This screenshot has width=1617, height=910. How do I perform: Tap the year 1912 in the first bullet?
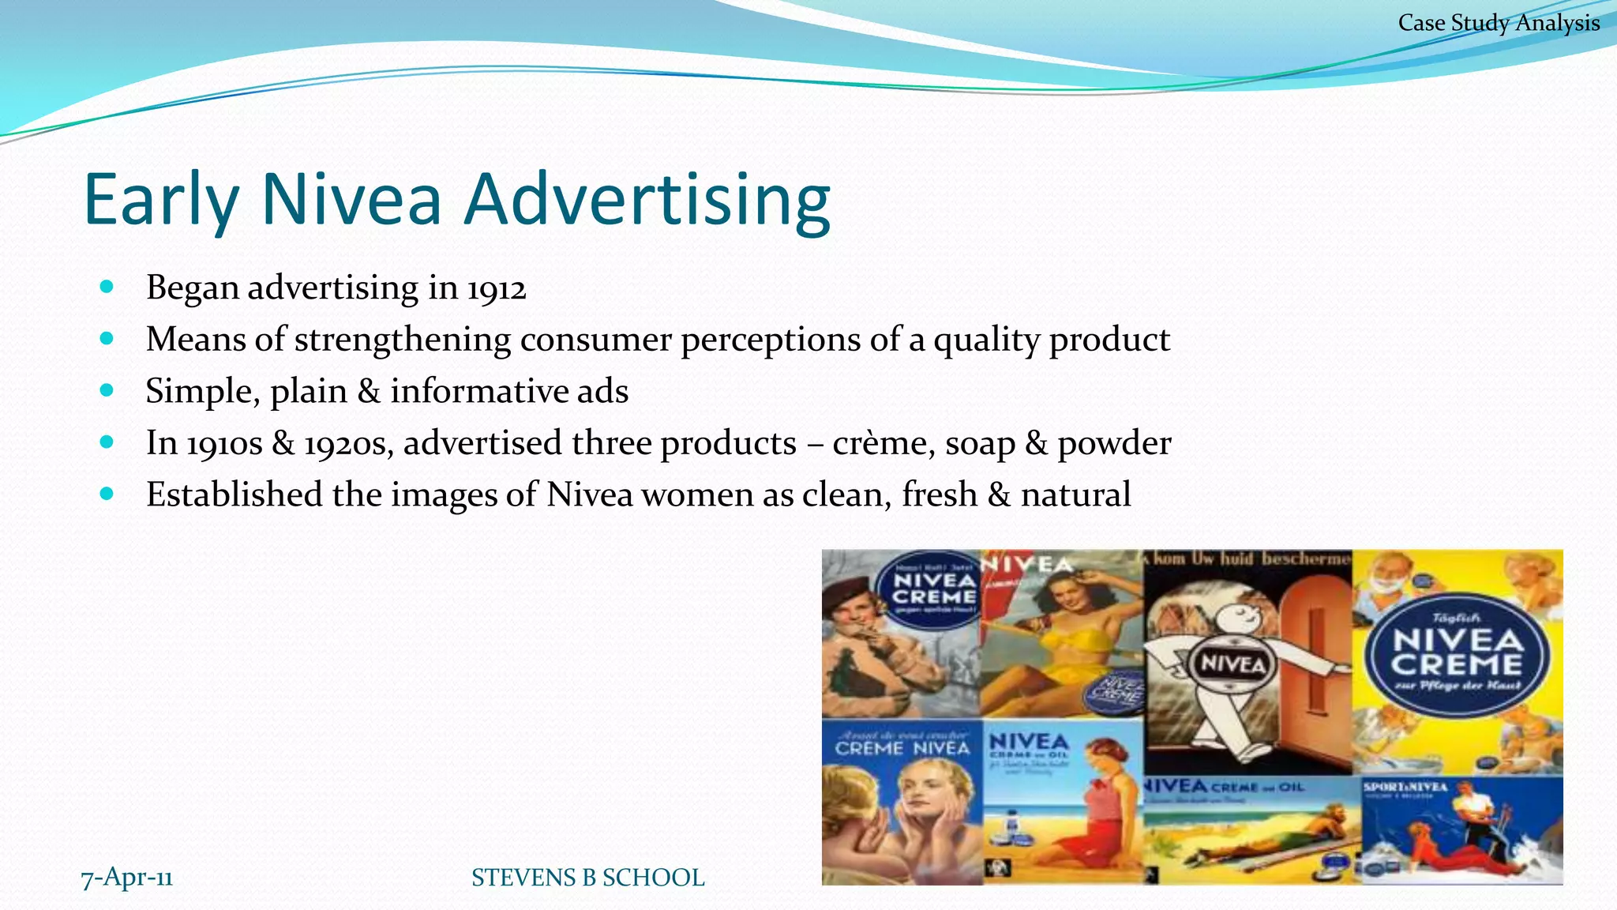tap(496, 288)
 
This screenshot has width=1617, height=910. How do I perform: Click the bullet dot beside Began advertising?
tap(107, 287)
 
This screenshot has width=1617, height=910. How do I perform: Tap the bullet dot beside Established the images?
tap(107, 494)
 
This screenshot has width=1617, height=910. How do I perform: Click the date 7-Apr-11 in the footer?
tap(126, 877)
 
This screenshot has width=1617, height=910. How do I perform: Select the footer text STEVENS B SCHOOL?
tap(587, 878)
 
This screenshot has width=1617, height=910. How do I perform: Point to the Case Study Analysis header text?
tap(1499, 23)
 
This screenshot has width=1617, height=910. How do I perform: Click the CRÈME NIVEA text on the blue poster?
tap(902, 747)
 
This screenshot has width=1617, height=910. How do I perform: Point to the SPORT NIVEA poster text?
tap(1405, 787)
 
